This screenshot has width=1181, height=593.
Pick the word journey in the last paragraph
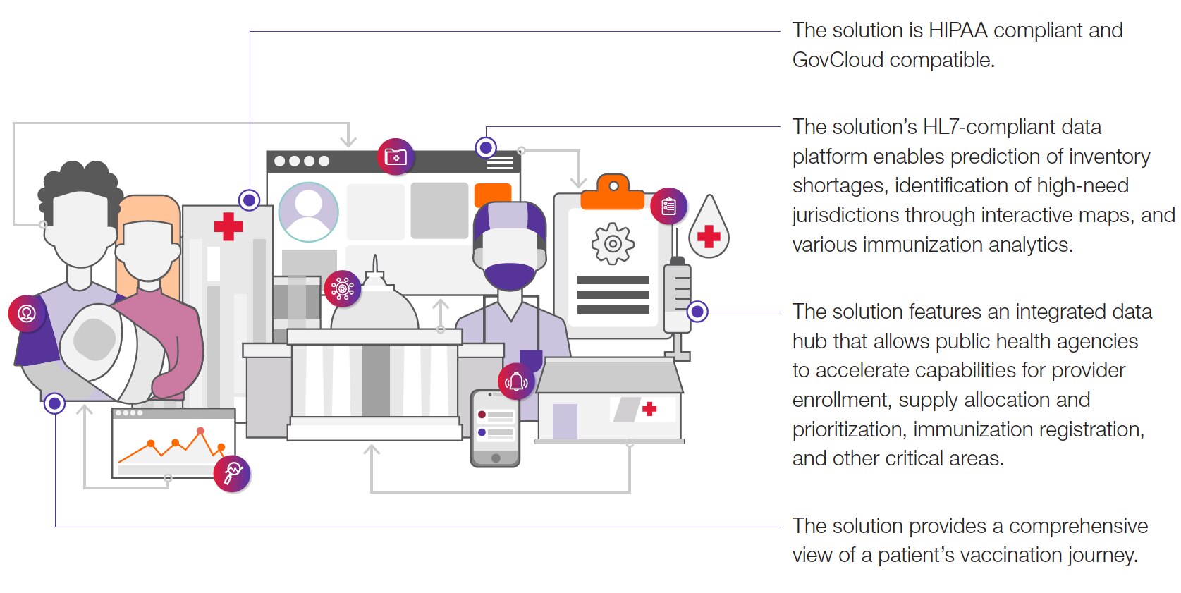[x=1102, y=555]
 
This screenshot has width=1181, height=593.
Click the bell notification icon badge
[x=516, y=381]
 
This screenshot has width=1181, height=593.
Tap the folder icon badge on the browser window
[x=396, y=156]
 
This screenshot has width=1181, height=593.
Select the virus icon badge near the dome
[x=343, y=288]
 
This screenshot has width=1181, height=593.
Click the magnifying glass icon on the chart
[x=232, y=472]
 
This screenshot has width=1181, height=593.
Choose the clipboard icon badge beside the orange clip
[x=668, y=206]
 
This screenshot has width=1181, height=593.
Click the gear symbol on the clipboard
[x=612, y=243]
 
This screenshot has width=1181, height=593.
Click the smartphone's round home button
[x=496, y=458]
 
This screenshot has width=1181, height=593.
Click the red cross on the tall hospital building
[x=228, y=226]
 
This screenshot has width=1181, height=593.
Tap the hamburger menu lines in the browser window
[x=500, y=163]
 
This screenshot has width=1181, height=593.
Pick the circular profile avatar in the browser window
[x=308, y=212]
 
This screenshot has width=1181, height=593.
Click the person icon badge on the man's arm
[x=27, y=313]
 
